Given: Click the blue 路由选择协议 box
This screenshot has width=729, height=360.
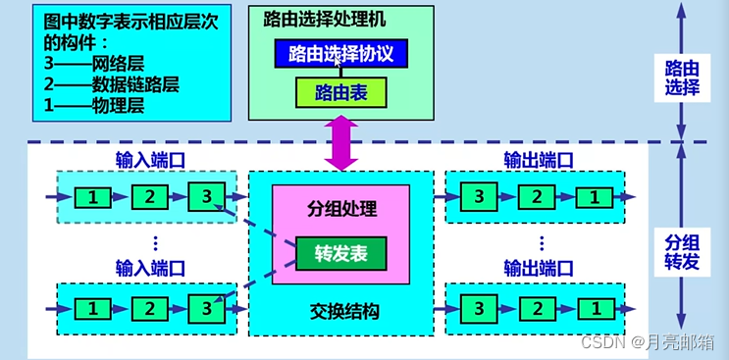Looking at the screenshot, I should coord(339,53).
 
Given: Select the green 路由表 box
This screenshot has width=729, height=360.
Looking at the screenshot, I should coord(340,93).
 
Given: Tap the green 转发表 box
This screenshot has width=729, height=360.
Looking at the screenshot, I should coord(341,252).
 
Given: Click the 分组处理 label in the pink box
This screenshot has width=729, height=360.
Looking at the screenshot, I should coord(340,209).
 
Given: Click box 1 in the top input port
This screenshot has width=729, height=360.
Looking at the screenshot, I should coord(92,197).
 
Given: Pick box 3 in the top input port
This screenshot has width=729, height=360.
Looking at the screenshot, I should coord(205,197).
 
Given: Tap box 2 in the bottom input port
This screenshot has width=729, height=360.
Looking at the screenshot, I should coord(148,308).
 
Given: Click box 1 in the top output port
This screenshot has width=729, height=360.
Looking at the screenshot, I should coord(592,197).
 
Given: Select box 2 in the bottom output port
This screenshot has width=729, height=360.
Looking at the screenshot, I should coord(537,308).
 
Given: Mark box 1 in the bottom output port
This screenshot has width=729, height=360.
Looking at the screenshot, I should coord(592,308).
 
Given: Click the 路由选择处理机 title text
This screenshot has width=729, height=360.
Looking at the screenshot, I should coord(323,19).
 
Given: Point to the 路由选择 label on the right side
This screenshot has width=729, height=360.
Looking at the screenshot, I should coord(682,77).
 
